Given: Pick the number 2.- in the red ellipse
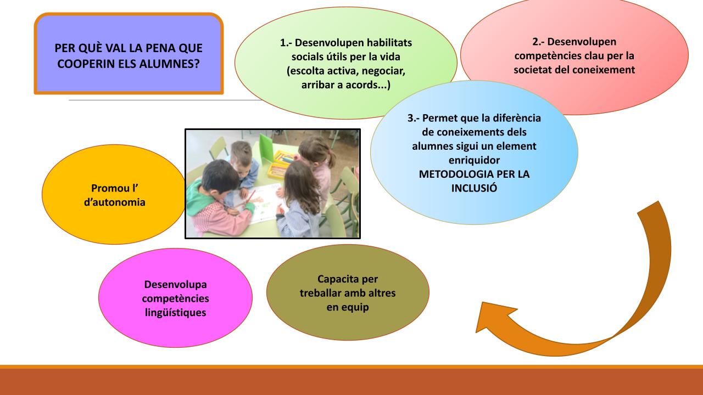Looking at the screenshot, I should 538,42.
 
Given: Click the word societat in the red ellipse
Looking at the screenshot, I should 532,70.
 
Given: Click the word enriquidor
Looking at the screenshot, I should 474,160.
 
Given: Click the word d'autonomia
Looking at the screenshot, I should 115,202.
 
